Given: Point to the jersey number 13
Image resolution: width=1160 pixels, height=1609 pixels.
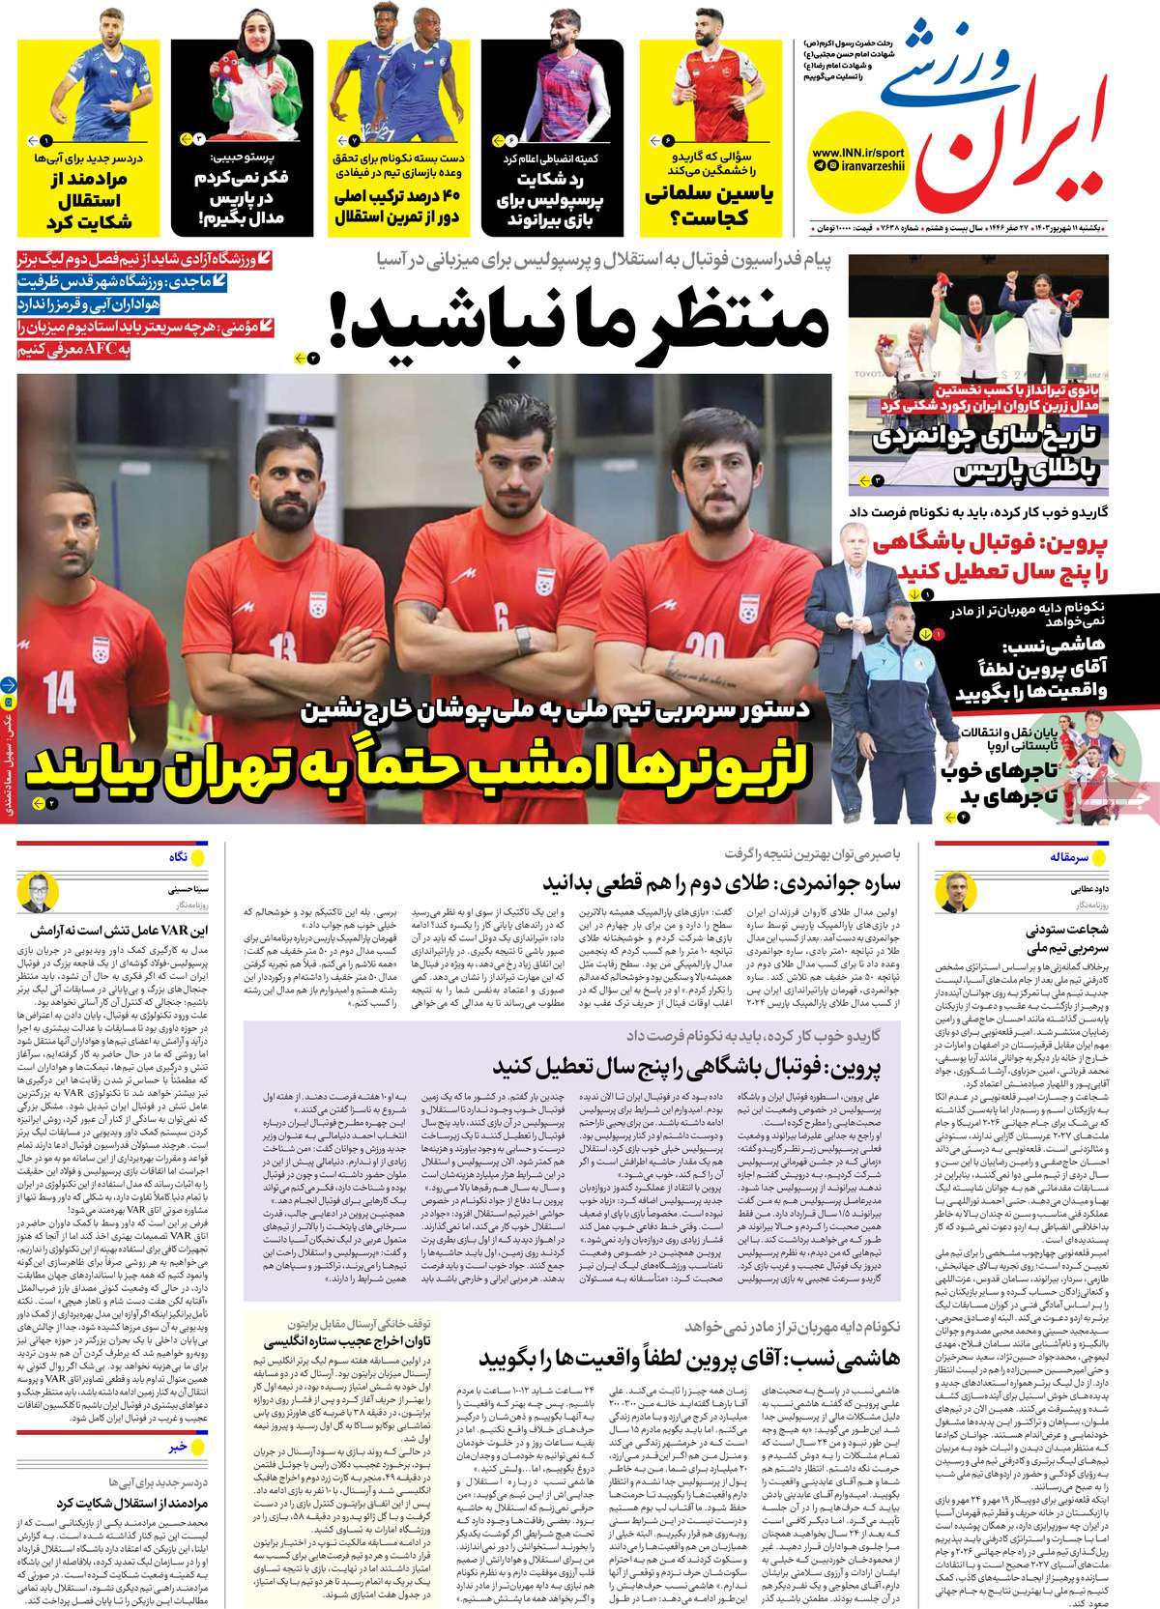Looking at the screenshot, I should [282, 647].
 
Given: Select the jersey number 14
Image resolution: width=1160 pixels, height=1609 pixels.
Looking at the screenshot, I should [61, 691].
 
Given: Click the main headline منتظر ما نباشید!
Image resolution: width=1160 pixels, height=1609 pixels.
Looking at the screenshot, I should [580, 327].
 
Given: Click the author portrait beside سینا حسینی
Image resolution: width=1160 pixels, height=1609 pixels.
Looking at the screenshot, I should [40, 891].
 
